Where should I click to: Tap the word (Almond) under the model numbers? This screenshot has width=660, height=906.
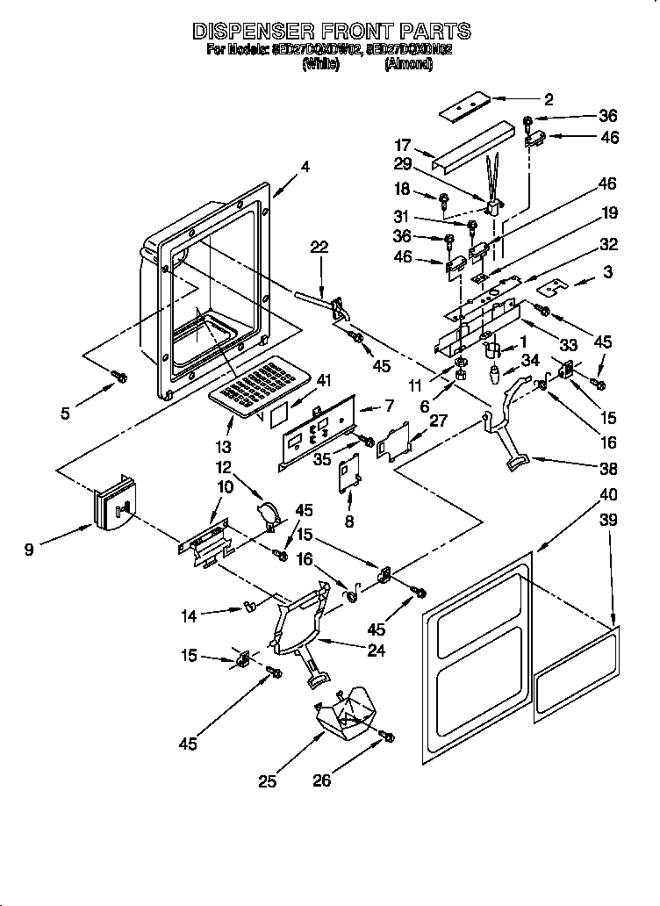coord(408,64)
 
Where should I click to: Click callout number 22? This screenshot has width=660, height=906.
coord(319,248)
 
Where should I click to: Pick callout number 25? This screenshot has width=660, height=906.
coord(269,779)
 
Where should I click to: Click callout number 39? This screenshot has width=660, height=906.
coord(607,521)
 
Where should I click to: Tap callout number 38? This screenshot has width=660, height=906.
coord(608,468)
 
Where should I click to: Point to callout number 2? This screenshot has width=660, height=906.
coord(549,98)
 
